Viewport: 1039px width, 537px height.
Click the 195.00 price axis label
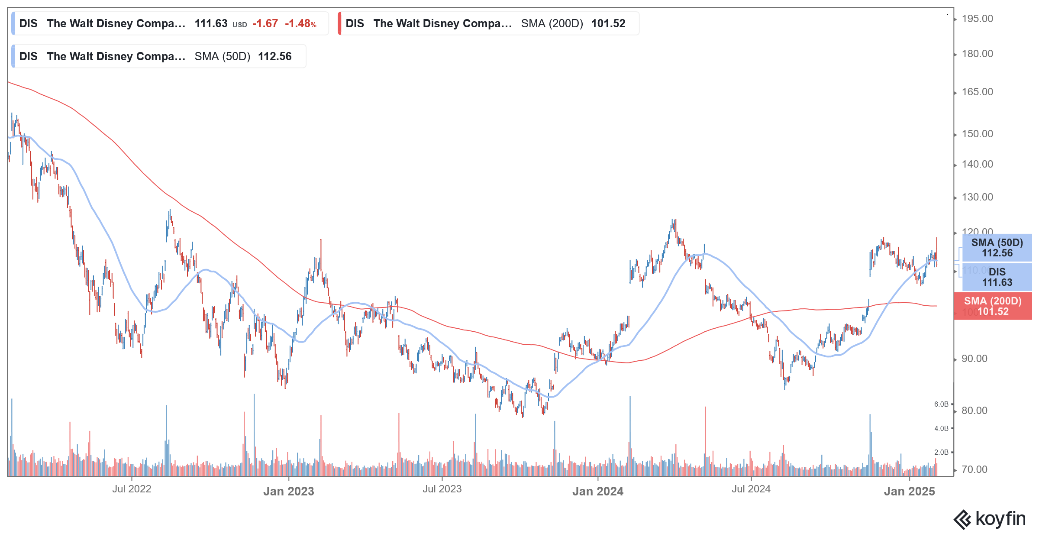[x=977, y=19]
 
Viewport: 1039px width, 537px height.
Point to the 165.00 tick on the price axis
[x=977, y=92]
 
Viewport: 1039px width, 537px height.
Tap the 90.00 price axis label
[x=974, y=359]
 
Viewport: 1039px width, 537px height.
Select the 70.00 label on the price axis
[x=974, y=469]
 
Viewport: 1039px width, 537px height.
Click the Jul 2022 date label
[x=132, y=489]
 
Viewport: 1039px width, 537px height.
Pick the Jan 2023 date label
[x=288, y=491]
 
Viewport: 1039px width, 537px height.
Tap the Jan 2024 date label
[x=597, y=491]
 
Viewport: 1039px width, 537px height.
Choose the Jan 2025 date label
[x=909, y=491]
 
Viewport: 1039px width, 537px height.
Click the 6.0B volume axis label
[x=941, y=404]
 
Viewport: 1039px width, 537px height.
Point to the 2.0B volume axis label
[x=941, y=452]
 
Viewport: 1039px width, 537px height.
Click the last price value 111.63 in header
[x=211, y=23]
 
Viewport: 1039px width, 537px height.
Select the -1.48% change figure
[x=300, y=23]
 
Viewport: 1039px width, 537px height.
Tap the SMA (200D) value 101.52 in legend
[x=608, y=23]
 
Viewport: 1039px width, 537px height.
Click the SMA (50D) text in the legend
[x=222, y=56]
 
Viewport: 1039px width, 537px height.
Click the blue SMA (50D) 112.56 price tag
[x=997, y=248]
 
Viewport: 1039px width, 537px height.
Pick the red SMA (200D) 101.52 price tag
[x=992, y=306]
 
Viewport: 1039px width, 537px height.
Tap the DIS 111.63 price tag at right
[x=997, y=277]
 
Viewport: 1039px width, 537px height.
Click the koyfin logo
[x=990, y=519]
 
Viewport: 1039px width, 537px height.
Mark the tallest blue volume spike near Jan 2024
[x=630, y=433]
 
